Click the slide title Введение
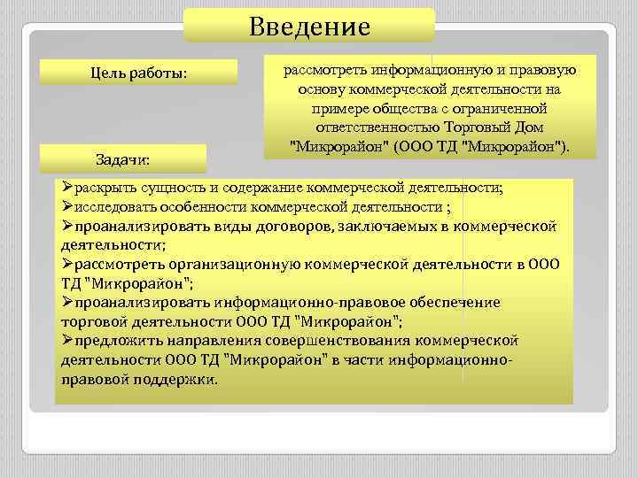click(x=309, y=27)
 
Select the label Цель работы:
click(x=139, y=72)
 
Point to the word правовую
click(x=546, y=71)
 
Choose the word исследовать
click(x=118, y=207)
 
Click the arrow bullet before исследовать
click(x=67, y=207)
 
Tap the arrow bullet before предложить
click(x=67, y=340)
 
